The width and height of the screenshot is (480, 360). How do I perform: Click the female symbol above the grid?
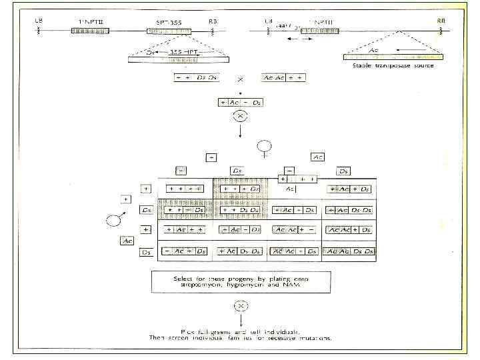tap(265, 146)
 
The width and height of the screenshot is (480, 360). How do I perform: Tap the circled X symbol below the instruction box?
tap(239, 306)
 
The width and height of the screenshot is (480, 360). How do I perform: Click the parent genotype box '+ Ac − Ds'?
tap(241, 102)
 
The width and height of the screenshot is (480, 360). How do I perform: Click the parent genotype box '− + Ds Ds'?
tap(196, 78)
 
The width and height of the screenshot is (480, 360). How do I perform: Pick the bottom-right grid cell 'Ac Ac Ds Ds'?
tap(350, 252)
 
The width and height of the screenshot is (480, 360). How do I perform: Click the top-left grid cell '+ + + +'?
tap(185, 189)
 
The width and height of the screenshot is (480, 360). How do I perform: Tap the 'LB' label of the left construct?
tap(38, 21)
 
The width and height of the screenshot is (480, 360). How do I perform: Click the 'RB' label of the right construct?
tap(441, 21)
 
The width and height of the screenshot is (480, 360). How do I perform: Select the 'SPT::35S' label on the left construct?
tap(168, 21)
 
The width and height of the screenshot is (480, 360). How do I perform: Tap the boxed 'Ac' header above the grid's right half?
tap(319, 157)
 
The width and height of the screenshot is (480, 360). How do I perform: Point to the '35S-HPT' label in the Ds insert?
tap(178, 51)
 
